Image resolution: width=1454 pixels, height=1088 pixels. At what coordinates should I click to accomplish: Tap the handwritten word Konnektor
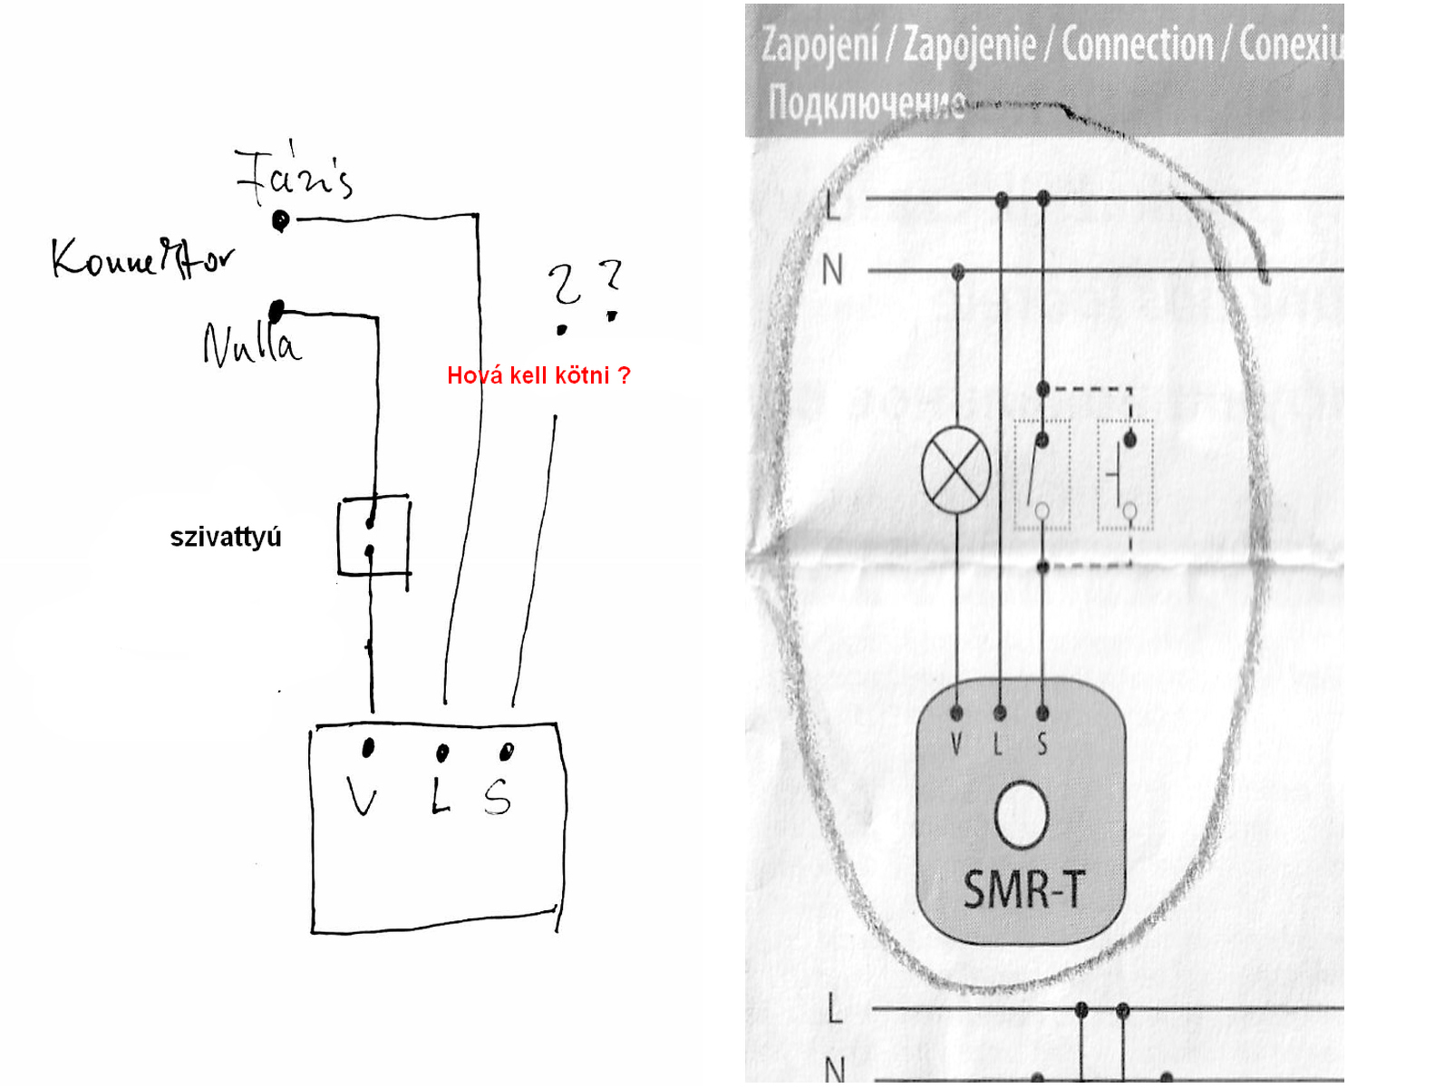(143, 257)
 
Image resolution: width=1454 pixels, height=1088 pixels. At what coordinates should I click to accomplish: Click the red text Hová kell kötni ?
(538, 375)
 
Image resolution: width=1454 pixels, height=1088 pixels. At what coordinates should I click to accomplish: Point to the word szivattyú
(226, 537)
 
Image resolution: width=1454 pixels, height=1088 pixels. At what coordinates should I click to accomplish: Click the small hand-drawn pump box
(373, 536)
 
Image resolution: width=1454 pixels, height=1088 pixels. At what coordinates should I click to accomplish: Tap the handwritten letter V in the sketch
(363, 798)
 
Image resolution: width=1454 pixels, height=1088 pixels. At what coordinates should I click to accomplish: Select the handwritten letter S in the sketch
(498, 798)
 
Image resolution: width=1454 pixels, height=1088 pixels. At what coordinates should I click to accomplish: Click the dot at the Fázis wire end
(281, 219)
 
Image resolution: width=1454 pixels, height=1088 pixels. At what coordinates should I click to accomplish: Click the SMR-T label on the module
(1023, 889)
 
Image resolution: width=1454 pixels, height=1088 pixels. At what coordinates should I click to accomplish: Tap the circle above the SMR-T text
(1022, 815)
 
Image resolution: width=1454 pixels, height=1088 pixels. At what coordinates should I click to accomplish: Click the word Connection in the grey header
(1137, 44)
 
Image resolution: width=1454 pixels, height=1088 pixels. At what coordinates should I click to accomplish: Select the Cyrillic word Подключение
(866, 102)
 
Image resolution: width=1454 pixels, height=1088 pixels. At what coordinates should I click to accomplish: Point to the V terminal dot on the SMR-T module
(956, 713)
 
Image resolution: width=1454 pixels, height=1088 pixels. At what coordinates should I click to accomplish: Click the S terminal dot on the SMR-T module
(1042, 713)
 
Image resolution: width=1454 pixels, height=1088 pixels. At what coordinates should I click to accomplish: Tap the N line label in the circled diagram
(832, 270)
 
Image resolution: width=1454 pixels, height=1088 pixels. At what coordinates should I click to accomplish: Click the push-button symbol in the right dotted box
(1125, 475)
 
